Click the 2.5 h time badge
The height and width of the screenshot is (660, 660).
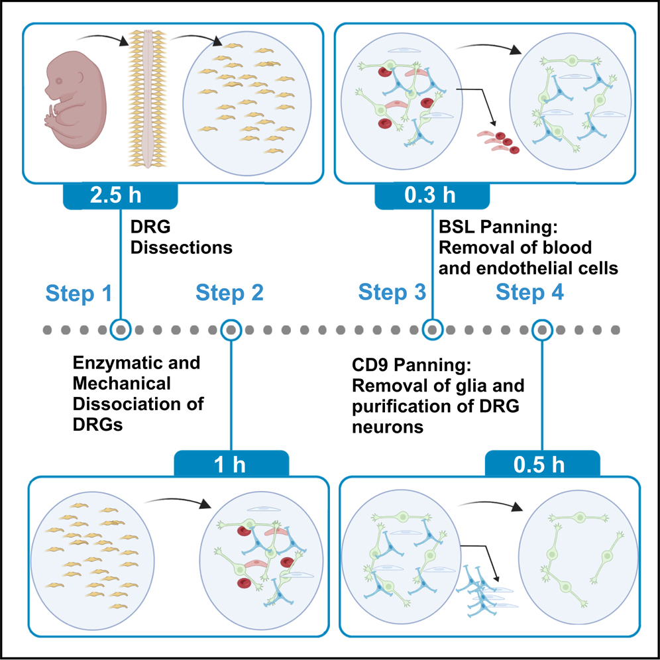[120, 197]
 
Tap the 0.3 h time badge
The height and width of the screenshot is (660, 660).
[431, 196]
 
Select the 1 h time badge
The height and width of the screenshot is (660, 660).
[231, 464]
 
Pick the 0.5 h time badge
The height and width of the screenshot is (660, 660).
[543, 464]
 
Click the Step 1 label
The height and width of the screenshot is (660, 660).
[78, 294]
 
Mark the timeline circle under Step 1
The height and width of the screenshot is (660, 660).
[121, 329]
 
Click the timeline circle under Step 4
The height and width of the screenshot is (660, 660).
[543, 329]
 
